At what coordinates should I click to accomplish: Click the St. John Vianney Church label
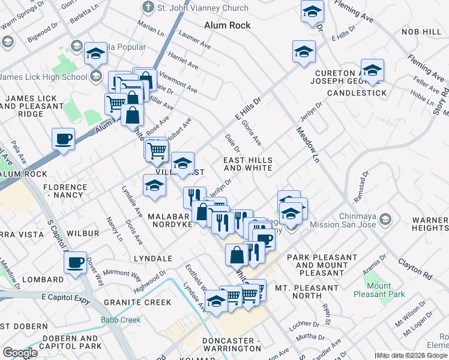(x=202, y=8)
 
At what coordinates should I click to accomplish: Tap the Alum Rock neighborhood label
(x=228, y=26)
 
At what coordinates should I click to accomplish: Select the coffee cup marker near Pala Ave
(x=64, y=140)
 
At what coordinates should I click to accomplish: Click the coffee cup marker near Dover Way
(x=76, y=263)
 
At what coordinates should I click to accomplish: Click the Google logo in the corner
(x=20, y=352)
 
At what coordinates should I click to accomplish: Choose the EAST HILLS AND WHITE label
(x=248, y=164)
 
